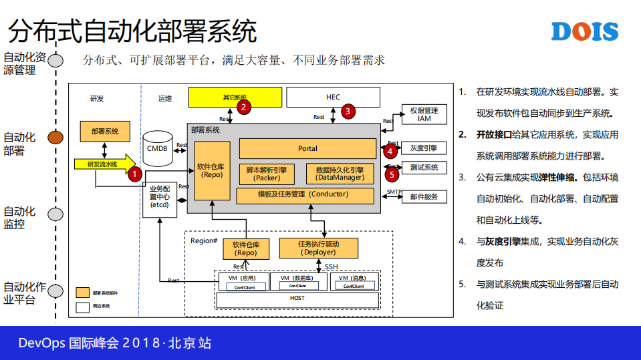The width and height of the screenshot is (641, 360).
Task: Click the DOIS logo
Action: pyautogui.click(x=585, y=31)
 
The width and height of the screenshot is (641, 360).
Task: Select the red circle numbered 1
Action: pyautogui.click(x=134, y=174)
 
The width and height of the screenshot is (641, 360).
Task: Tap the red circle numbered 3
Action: pyautogui.click(x=348, y=112)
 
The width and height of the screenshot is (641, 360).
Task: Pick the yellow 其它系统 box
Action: pyautogui.click(x=235, y=97)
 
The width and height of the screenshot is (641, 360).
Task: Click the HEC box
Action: pyautogui.click(x=333, y=97)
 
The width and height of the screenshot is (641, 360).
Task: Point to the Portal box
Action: pyautogui.click(x=307, y=148)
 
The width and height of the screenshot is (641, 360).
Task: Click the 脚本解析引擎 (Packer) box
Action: pyautogui.click(x=267, y=174)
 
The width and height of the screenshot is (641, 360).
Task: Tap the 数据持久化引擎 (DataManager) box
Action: pyautogui.click(x=340, y=174)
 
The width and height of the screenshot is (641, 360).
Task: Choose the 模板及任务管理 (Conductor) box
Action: pyautogui.click(x=305, y=195)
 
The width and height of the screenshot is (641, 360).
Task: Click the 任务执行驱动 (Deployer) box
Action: pyautogui.click(x=318, y=248)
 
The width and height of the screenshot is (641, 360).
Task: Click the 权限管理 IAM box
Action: pyautogui.click(x=424, y=114)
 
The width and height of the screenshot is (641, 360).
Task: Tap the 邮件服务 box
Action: pyautogui.click(x=424, y=196)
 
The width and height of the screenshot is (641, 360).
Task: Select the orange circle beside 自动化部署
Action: pyautogui.click(x=55, y=138)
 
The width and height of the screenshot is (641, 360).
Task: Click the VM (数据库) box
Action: pyautogui.click(x=298, y=281)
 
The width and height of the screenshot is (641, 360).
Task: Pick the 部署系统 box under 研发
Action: pyautogui.click(x=105, y=131)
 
